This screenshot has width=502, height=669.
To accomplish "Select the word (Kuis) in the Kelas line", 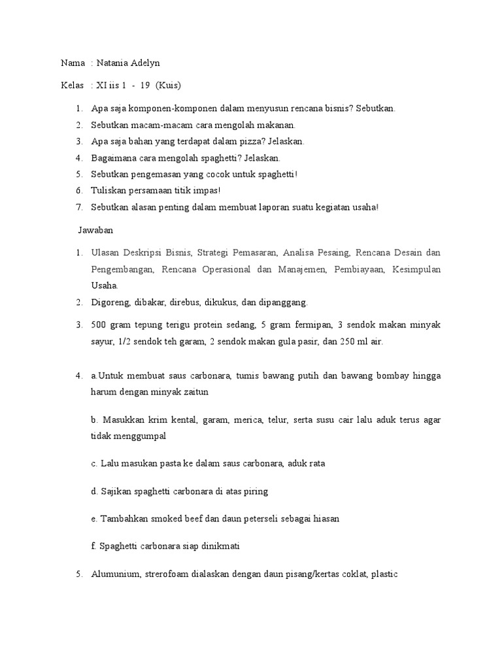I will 169,86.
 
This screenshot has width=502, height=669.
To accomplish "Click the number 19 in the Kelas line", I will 144,86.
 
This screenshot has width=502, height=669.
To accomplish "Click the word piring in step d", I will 255,491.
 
